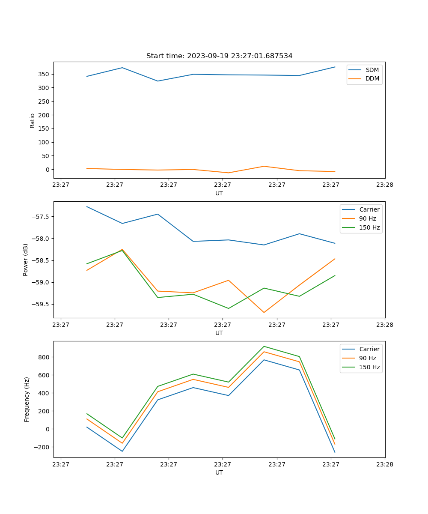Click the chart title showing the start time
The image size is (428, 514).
(x=219, y=56)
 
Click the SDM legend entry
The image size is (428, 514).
(x=372, y=70)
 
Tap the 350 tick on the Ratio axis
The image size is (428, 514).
(x=43, y=74)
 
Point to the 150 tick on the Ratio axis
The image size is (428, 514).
(x=43, y=128)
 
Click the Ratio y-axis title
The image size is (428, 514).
(x=33, y=120)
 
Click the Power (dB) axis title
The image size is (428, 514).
(x=26, y=260)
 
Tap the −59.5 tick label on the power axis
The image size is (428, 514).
(x=39, y=305)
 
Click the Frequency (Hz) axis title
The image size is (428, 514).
(x=27, y=399)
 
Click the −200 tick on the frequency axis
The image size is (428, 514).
(x=42, y=447)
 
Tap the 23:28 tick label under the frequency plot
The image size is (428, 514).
(x=384, y=464)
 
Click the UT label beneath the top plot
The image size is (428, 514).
(x=219, y=193)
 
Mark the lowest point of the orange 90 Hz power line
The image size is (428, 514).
(x=264, y=312)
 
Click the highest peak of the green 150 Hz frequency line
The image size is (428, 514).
(x=264, y=346)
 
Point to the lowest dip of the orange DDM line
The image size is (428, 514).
(x=228, y=173)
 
